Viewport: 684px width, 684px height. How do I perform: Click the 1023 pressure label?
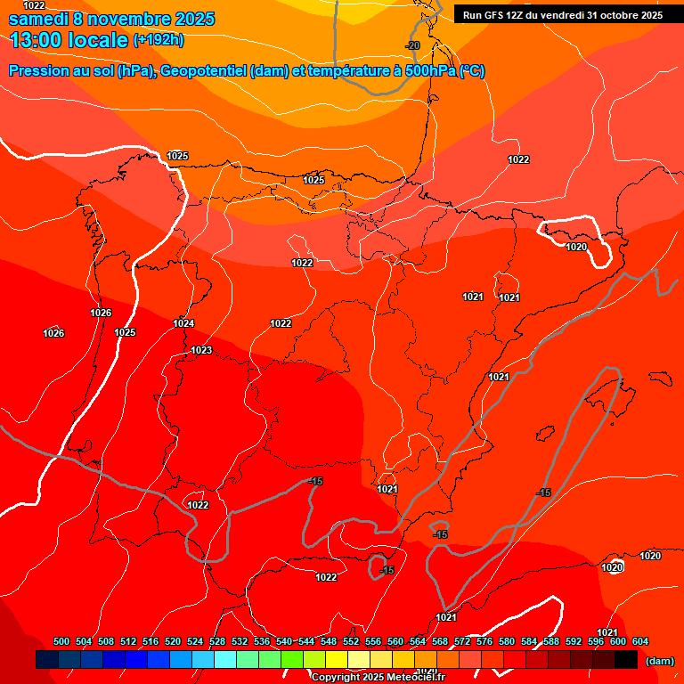[x=201, y=350]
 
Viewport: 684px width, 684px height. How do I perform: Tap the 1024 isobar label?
[x=183, y=323]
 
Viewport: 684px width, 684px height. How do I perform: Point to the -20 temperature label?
[x=412, y=45]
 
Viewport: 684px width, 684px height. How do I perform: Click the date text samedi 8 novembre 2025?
[x=111, y=19]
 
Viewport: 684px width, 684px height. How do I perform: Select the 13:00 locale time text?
[x=69, y=40]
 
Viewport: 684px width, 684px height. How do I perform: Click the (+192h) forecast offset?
[x=159, y=40]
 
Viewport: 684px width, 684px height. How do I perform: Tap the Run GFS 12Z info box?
[x=561, y=14]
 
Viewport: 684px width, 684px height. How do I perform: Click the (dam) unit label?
[x=659, y=661]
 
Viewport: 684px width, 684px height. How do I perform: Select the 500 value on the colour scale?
[x=61, y=641]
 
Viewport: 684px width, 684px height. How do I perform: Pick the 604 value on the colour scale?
[x=640, y=641]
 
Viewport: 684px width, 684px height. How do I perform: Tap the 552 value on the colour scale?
[x=351, y=641]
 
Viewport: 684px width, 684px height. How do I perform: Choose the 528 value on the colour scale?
[x=217, y=641]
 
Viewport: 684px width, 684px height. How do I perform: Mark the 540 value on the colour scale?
[x=284, y=641]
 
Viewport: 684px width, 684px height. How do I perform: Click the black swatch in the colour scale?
[x=626, y=660]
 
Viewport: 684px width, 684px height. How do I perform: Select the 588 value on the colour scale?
[x=551, y=641]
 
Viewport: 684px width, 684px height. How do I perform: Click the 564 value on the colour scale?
[x=418, y=641]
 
